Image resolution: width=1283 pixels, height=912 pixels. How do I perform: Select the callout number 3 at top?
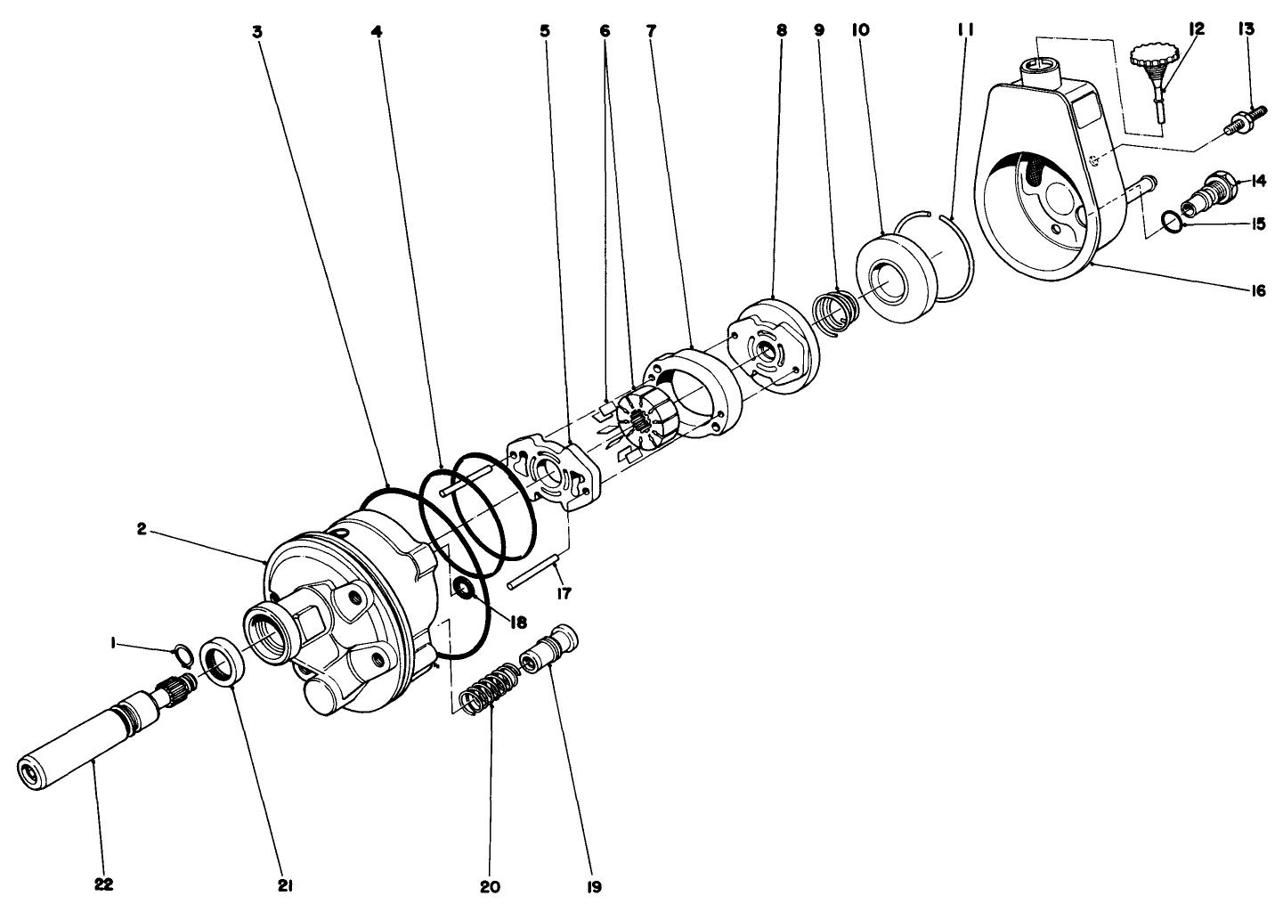257,31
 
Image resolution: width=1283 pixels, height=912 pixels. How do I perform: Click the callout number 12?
1196,29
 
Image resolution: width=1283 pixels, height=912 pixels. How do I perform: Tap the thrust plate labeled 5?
550,472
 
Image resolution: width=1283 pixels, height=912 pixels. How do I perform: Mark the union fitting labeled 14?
1212,191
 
